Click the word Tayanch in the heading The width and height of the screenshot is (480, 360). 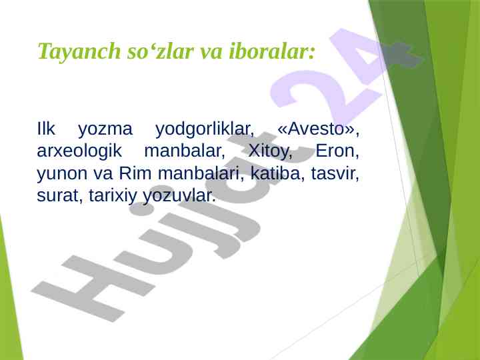[79, 51]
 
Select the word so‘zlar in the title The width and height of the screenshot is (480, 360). [161, 51]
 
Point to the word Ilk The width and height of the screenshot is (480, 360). [46, 129]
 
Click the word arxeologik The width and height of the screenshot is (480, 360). [79, 151]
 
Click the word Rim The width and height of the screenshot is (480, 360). [135, 173]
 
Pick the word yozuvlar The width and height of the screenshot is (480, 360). [179, 196]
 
